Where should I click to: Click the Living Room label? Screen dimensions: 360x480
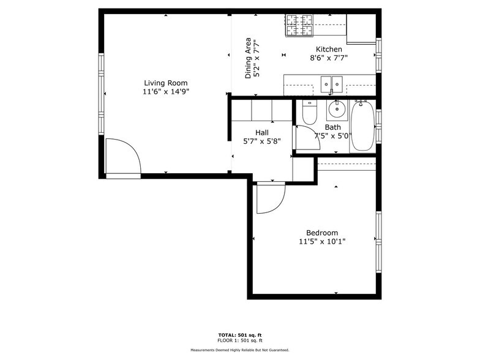point(165,83)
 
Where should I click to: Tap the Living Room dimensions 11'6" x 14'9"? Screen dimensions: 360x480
point(165,92)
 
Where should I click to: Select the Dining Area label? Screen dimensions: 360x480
point(249,58)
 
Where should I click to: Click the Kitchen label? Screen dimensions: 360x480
point(329,50)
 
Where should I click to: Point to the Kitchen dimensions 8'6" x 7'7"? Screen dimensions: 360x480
point(329,59)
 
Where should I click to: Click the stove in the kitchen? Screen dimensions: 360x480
point(299,25)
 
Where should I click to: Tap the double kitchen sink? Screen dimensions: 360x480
point(331,83)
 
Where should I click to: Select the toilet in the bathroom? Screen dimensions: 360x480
point(309,113)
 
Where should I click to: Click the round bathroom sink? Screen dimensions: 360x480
point(336,110)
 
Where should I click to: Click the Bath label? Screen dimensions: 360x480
point(332,127)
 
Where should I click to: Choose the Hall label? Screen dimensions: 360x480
point(261,132)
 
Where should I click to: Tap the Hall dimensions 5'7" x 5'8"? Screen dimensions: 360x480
point(261,141)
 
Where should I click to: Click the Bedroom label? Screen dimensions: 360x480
point(322,233)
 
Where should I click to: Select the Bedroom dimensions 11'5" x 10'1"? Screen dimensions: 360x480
point(322,242)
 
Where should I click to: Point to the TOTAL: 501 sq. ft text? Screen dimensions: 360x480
point(239,335)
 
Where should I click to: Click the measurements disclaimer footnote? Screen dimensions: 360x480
point(239,350)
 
